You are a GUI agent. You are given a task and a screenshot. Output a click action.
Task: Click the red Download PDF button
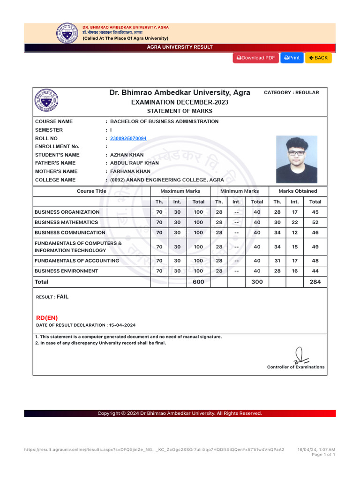pos(255,58)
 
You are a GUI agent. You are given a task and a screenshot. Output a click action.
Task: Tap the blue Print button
pos(292,58)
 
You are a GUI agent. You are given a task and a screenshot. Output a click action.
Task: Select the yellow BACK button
pos(318,58)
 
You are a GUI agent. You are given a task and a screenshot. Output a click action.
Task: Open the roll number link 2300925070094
pos(128,138)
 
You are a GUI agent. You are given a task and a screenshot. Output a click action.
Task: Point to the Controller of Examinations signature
pos(300,355)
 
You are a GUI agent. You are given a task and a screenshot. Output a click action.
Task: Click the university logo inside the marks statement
pos(46,100)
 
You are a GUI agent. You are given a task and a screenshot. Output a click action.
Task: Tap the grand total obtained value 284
pos(315,282)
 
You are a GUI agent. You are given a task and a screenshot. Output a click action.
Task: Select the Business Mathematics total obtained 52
pos(315,222)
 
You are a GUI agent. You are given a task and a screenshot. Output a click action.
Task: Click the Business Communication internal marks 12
pos(294,232)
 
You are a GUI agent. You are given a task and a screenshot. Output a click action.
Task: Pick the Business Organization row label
pos(67,212)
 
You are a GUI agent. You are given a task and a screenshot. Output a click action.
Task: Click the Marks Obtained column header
pos(298,191)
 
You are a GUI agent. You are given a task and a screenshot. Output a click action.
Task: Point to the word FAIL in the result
pos(62,297)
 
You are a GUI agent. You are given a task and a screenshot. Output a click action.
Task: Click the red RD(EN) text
pos(47,317)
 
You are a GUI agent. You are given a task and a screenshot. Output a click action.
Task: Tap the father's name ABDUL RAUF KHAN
pos(134,163)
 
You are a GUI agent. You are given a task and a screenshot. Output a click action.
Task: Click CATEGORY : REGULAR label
pos(291,92)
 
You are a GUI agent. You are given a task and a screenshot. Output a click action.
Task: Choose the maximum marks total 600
pos(198,282)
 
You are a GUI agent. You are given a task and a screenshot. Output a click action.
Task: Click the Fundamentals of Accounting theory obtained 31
pos(277,261)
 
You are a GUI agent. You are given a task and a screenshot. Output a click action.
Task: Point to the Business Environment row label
pos(67,271)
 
